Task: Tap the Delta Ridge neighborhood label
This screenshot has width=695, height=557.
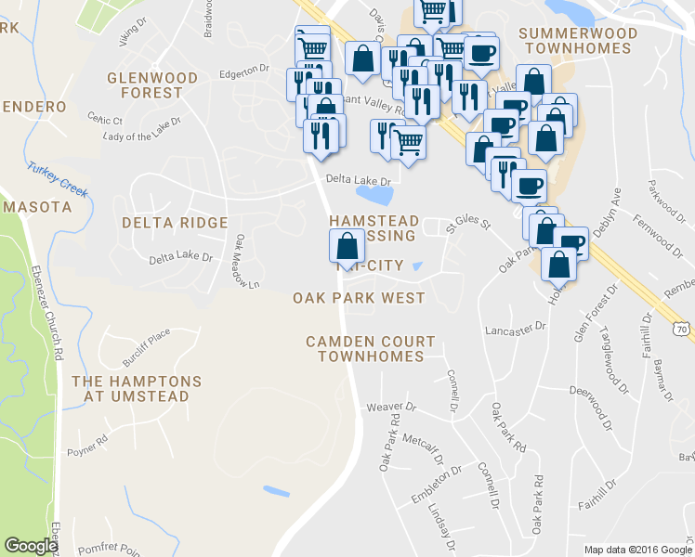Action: coord(175,223)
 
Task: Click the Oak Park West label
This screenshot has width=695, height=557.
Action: coord(359,299)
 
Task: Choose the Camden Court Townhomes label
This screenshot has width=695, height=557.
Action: coord(365,349)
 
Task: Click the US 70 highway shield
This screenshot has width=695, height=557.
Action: coord(683,329)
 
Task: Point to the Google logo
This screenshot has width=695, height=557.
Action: coord(31,546)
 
